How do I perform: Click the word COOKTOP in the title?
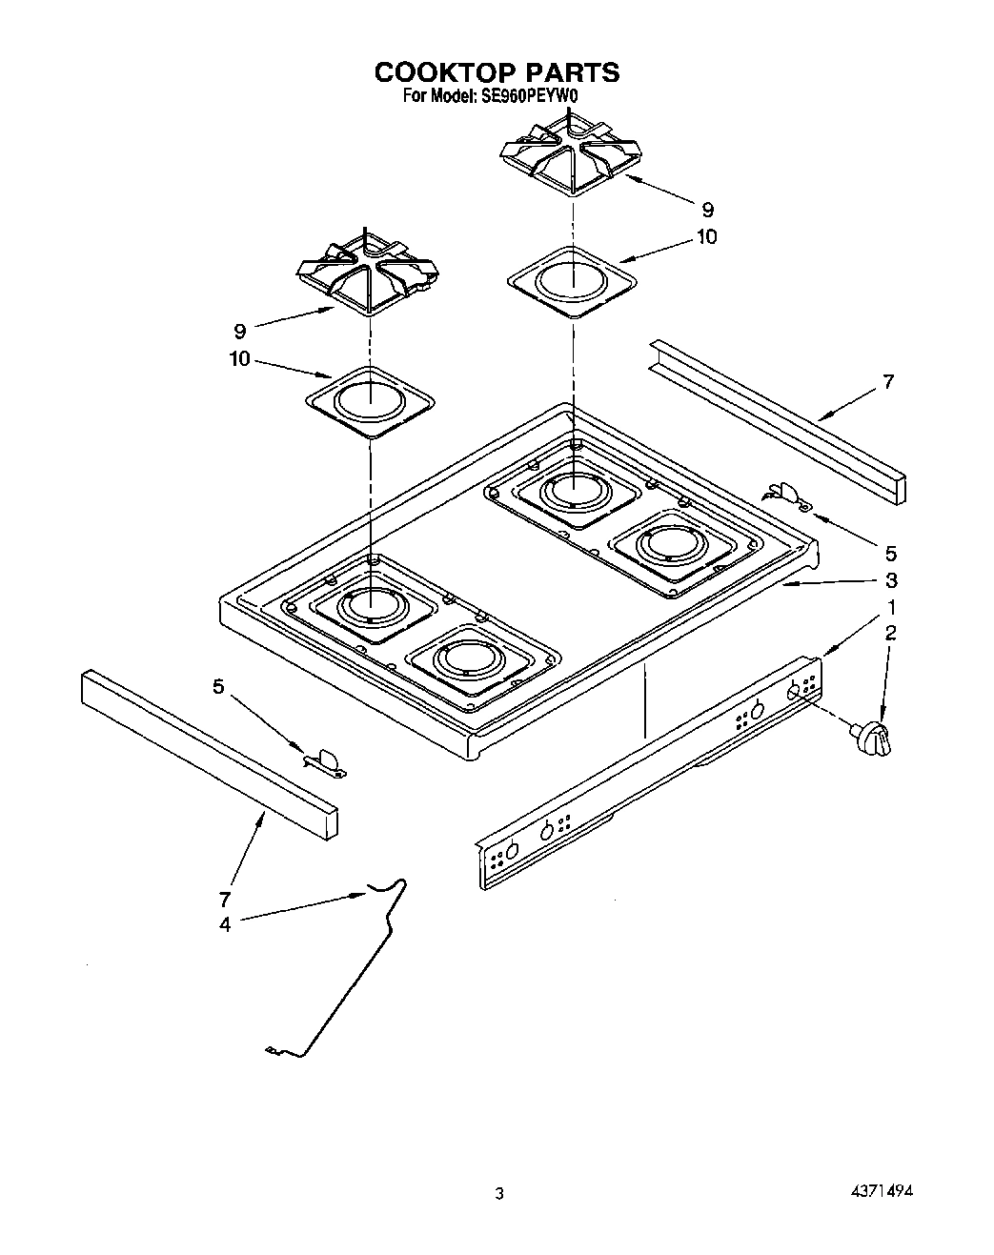440,72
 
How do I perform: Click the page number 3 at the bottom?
497,1193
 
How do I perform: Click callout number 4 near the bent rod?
225,923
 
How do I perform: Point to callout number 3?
889,580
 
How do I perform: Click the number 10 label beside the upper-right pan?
706,236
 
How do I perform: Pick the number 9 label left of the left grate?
239,332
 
